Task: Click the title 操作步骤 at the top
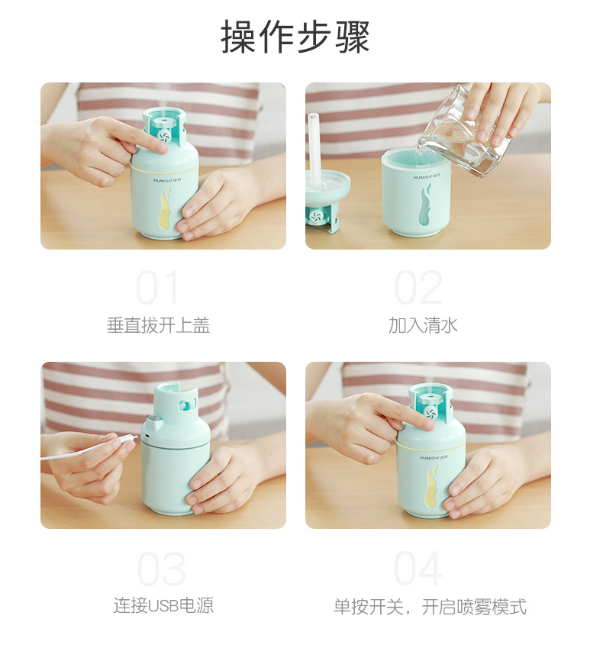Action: click(x=295, y=37)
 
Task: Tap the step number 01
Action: click(x=158, y=289)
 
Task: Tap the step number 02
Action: click(x=418, y=289)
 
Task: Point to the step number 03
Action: click(x=161, y=569)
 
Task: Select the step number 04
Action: click(x=418, y=569)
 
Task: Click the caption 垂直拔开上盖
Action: click(x=158, y=326)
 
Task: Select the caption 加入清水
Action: click(x=423, y=326)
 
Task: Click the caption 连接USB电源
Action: click(x=163, y=606)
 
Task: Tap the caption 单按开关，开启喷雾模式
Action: click(x=430, y=607)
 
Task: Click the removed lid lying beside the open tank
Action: click(x=325, y=198)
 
